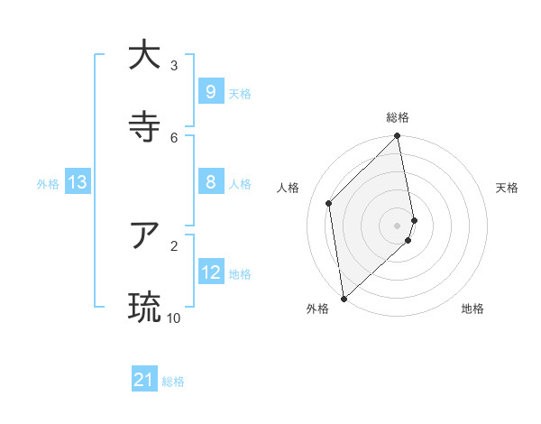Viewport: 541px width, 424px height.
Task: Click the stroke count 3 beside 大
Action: [174, 65]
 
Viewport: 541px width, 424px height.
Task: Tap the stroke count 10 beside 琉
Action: [173, 318]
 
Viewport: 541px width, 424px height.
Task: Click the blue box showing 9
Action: [210, 92]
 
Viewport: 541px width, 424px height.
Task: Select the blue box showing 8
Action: [210, 182]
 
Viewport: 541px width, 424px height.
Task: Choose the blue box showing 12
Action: [210, 272]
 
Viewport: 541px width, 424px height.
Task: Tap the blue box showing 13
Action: [78, 182]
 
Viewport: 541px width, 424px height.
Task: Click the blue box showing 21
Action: [144, 381]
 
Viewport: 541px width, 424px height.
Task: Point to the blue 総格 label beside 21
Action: [173, 382]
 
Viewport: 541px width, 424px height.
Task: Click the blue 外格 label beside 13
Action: [48, 183]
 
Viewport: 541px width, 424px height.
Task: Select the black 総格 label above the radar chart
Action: [398, 117]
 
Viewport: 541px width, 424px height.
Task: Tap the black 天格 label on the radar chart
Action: [507, 188]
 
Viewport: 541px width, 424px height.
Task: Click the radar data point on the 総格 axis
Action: [398, 137]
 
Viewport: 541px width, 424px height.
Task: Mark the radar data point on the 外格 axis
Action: [344, 298]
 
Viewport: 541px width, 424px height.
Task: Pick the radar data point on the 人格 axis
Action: [329, 203]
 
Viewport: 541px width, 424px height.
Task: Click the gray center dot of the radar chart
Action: [398, 225]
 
